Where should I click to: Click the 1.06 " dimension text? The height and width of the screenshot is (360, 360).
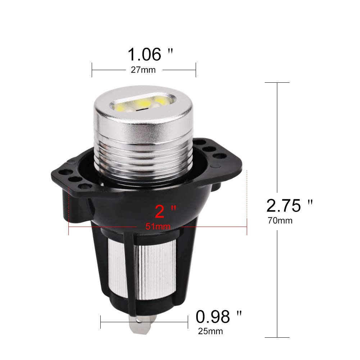tap(150, 54)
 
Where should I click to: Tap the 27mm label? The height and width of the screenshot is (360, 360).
tap(143, 70)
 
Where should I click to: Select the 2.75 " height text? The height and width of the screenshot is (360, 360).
tap(290, 205)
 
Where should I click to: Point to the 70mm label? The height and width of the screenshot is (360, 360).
tap(280, 220)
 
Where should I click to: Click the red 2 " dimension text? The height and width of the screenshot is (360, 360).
tap(165, 211)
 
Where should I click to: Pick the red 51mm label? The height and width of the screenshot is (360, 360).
tap(158, 227)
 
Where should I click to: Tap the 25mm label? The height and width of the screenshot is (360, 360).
tap(210, 331)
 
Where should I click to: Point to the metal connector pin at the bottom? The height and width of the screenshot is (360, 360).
tap(141, 324)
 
